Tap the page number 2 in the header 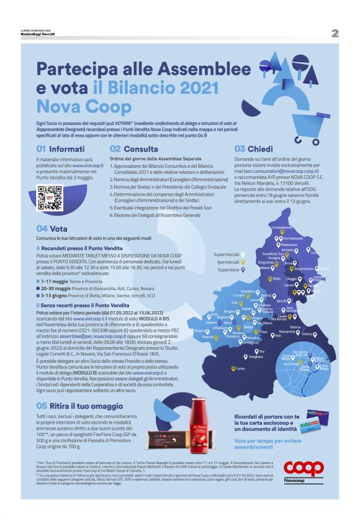(335, 33)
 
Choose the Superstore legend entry (228, 270)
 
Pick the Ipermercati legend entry (228, 262)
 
